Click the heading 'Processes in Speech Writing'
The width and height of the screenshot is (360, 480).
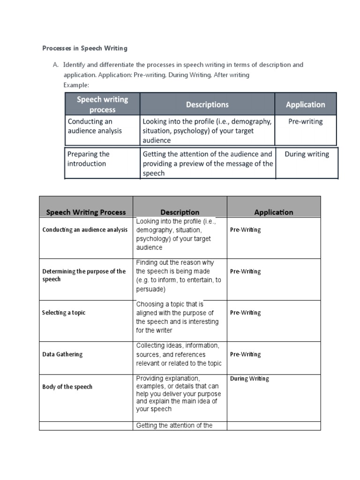click(x=85, y=48)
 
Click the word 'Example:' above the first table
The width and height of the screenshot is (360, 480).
click(x=76, y=85)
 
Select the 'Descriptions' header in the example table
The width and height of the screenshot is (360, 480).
click(x=207, y=105)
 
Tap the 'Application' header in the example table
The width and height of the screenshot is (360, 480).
click(x=305, y=105)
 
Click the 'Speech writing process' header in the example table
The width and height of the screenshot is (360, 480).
click(x=102, y=104)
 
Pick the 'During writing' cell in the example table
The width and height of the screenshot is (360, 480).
click(x=307, y=154)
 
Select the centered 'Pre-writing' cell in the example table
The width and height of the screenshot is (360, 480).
click(x=306, y=121)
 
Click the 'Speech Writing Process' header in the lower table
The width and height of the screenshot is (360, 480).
click(x=86, y=212)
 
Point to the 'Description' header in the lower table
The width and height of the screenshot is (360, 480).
click(x=180, y=212)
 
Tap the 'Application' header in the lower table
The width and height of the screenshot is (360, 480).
click(x=274, y=212)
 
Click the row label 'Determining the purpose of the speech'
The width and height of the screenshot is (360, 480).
click(x=84, y=275)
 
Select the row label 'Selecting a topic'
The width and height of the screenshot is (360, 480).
click(x=64, y=313)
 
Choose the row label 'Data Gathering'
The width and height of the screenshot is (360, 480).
click(x=62, y=354)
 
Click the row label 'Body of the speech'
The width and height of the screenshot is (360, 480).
click(x=67, y=387)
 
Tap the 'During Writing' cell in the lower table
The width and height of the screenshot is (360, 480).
click(x=249, y=379)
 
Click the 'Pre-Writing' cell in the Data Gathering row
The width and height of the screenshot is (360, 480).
click(x=245, y=354)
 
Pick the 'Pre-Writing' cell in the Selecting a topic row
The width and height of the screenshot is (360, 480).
click(x=245, y=313)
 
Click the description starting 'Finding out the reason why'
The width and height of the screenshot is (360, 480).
click(x=179, y=276)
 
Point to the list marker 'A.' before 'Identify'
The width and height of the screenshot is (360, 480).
click(x=55, y=65)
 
